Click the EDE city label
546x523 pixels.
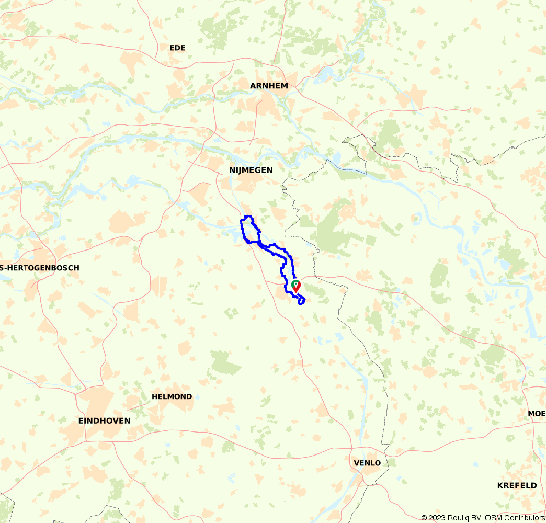[177, 48]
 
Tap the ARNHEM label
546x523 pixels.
[269, 86]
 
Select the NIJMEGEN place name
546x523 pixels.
[251, 170]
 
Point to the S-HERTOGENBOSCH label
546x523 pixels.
[40, 268]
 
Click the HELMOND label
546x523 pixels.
[172, 396]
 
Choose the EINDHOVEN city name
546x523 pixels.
[104, 420]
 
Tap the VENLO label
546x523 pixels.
[367, 463]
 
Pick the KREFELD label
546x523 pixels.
[517, 485]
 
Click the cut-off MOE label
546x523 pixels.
[537, 414]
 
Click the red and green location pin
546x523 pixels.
[296, 286]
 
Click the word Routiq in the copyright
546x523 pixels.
[458, 518]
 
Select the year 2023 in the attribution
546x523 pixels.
[438, 518]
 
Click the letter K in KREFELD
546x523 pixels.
[500, 485]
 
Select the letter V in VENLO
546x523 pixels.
[357, 463]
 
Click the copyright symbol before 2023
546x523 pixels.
[425, 518]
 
